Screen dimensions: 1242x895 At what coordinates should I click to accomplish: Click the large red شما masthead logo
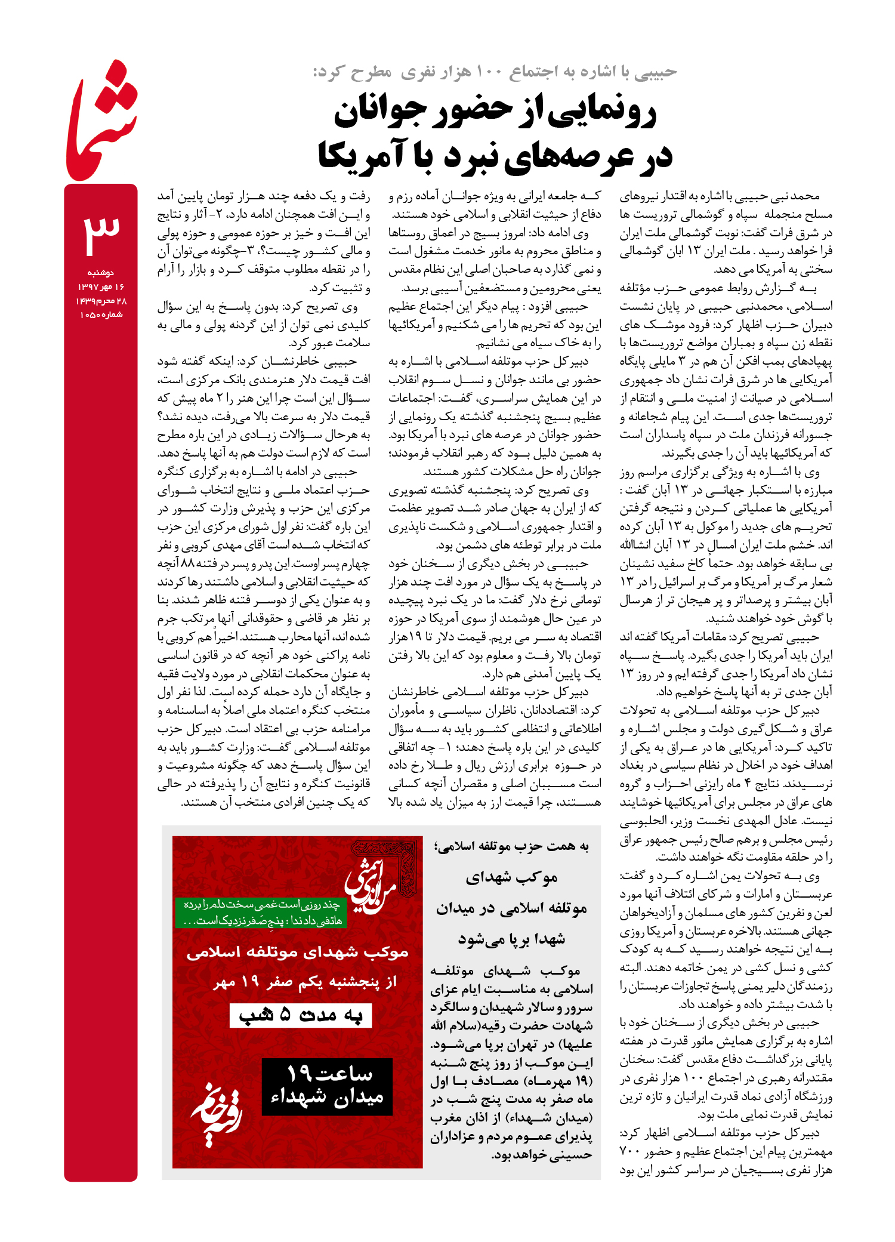point(101,122)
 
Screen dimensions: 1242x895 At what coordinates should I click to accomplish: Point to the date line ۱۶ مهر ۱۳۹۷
point(101,287)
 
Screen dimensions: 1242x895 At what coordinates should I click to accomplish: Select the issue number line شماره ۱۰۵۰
point(101,315)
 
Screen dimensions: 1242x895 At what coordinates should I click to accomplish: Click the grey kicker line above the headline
point(495,72)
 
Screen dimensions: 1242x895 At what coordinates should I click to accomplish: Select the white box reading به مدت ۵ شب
point(301,1016)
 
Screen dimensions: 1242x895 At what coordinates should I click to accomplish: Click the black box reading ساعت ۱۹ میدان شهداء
point(327,1086)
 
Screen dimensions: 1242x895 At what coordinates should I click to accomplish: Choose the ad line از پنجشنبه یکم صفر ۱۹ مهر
point(305,982)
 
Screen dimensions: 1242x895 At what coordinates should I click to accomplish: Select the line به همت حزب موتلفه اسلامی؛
point(511,846)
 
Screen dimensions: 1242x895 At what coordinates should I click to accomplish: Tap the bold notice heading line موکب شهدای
point(511,877)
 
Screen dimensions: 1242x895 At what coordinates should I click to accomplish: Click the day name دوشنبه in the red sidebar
point(101,273)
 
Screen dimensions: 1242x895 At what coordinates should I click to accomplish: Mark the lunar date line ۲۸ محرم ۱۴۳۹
point(101,301)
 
